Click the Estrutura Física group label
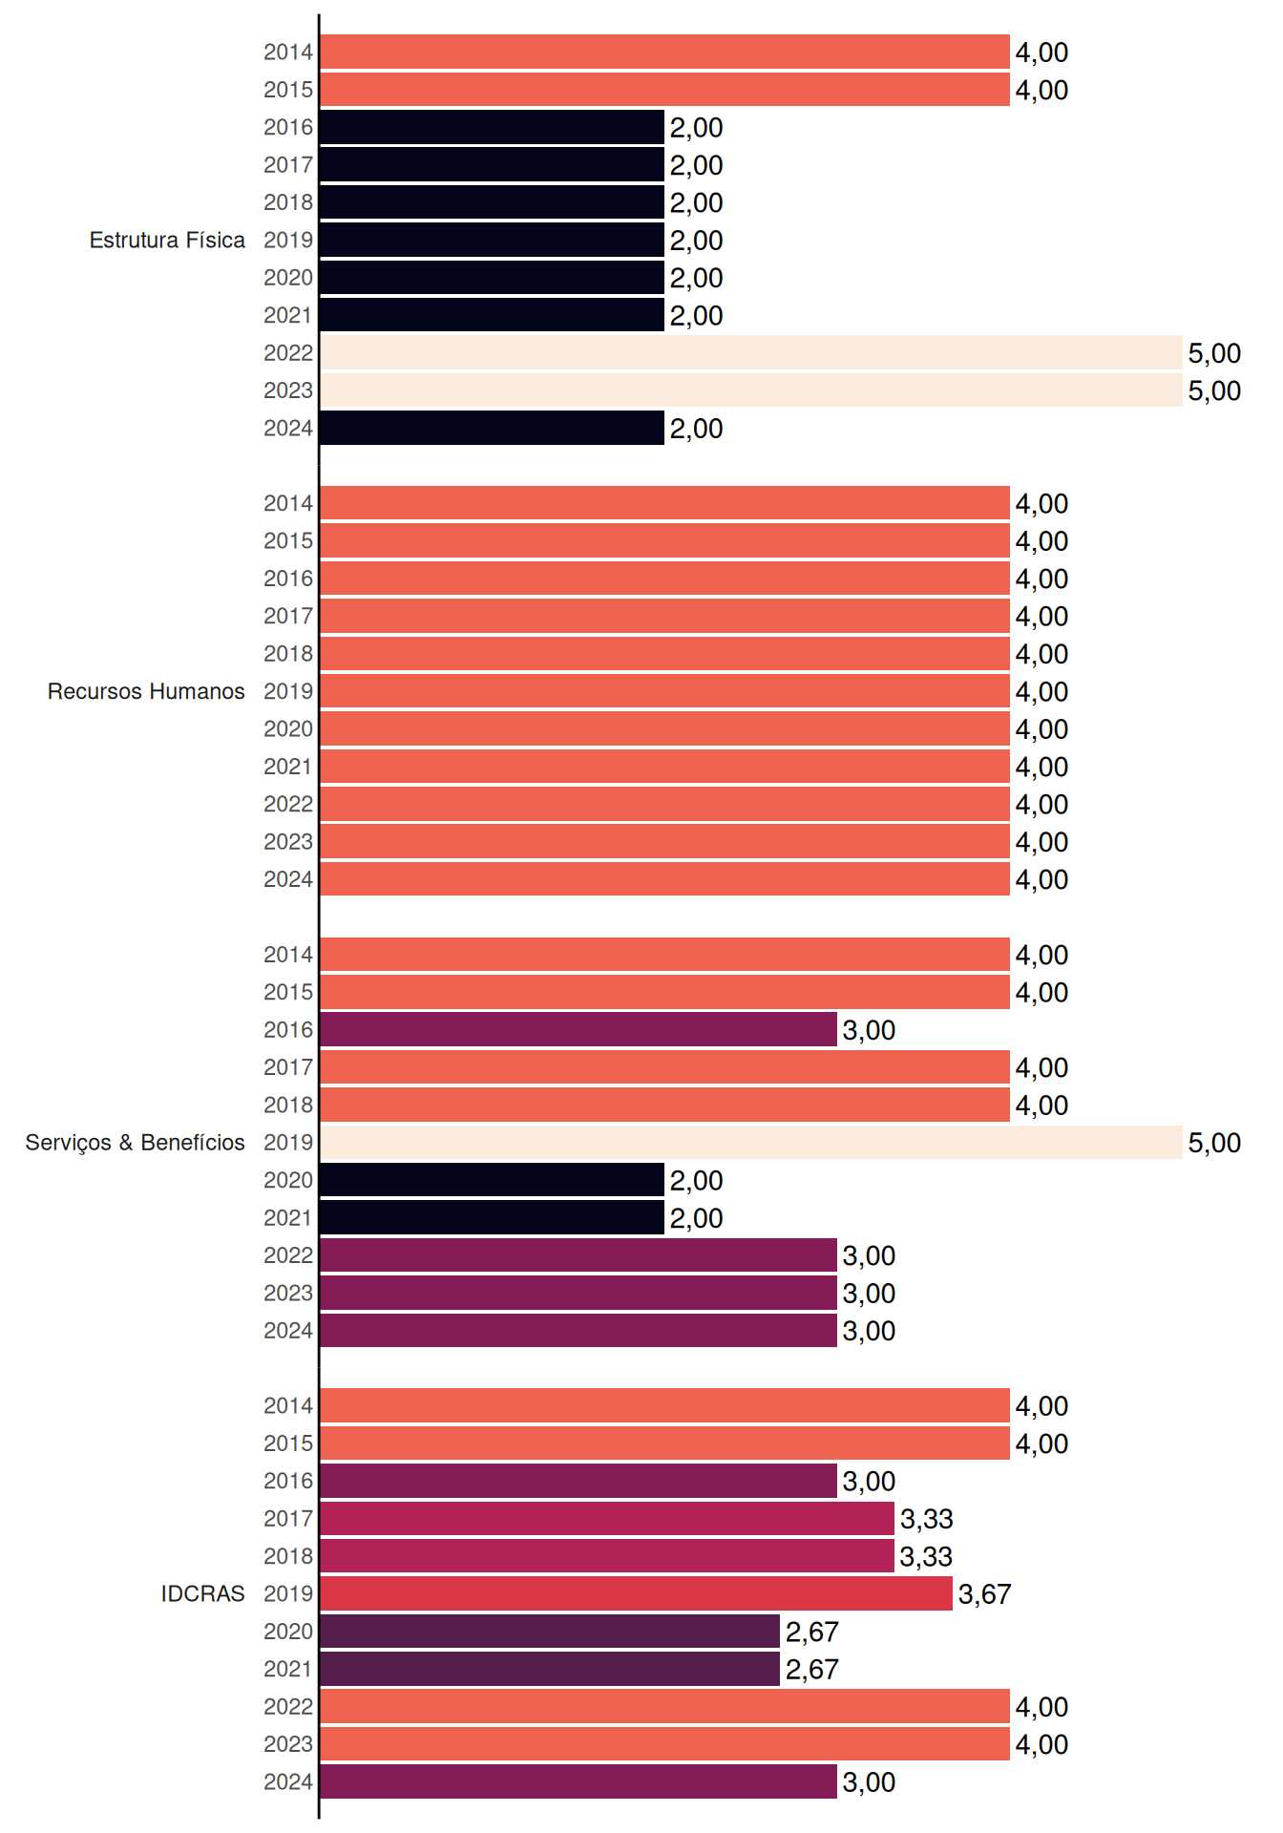(x=167, y=240)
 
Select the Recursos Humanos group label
(x=146, y=691)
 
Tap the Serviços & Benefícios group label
(x=135, y=1143)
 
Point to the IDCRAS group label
(x=202, y=1593)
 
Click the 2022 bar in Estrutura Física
(x=751, y=352)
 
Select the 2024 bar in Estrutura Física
(x=493, y=428)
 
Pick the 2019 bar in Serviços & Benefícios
(x=751, y=1142)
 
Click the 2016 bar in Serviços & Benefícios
(x=578, y=1029)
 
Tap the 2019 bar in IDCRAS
(x=637, y=1593)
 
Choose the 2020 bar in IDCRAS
(x=550, y=1632)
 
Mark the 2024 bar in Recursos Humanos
(x=665, y=879)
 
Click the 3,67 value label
(x=984, y=1594)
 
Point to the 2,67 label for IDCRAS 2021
(x=812, y=1670)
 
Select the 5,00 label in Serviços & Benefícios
(x=1214, y=1143)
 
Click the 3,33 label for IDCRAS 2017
(x=927, y=1519)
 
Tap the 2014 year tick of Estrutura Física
(x=288, y=52)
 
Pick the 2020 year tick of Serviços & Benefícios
(x=288, y=1180)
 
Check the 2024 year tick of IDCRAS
(x=288, y=1781)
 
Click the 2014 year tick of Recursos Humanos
(x=288, y=503)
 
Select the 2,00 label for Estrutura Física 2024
(x=697, y=429)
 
